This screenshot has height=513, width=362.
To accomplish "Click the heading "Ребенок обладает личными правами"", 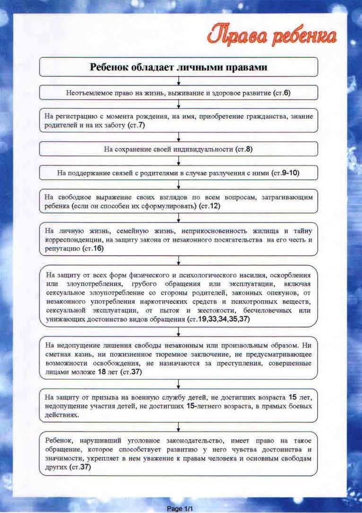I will (179, 67).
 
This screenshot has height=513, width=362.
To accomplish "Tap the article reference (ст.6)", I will (282, 93).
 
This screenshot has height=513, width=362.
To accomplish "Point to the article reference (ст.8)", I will (244, 149).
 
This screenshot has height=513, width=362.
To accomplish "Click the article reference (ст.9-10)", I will (286, 173).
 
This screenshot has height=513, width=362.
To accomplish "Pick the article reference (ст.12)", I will (210, 207).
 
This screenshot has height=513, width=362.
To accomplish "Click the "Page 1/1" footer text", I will (181, 509).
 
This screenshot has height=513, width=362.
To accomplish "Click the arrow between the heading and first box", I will (179, 81).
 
